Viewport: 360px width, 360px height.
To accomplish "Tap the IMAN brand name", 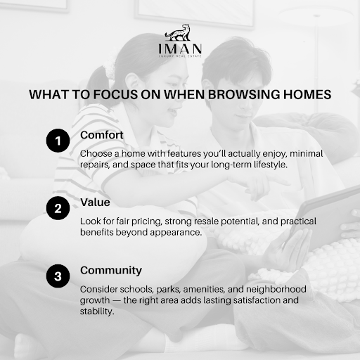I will (x=180, y=49).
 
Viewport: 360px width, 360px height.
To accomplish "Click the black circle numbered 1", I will (x=58, y=141).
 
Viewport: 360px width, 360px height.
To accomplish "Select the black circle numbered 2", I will (x=58, y=209).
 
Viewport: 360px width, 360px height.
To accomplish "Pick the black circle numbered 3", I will (x=58, y=276).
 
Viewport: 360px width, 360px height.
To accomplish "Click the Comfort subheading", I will (x=101, y=134).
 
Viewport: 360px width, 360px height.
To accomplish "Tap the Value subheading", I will (x=94, y=202).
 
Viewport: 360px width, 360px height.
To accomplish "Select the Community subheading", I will (x=110, y=270).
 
